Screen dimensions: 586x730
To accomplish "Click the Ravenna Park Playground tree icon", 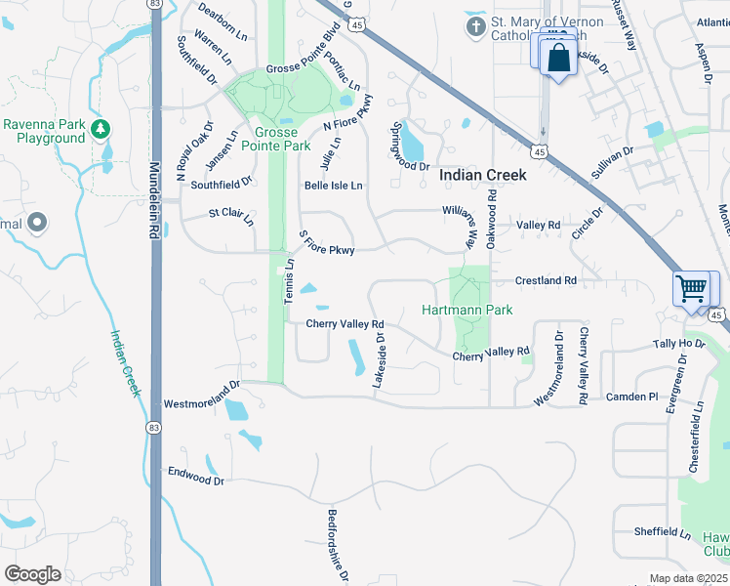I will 100,129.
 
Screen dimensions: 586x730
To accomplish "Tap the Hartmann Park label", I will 466,310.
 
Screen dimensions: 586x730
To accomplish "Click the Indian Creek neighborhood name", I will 482,175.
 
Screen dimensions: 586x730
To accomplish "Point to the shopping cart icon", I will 691,289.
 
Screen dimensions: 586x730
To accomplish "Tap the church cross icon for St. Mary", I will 475,26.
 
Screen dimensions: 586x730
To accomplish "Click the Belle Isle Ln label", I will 333,185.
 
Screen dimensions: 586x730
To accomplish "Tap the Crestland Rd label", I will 547,280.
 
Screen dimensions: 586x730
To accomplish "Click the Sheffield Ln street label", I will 662,531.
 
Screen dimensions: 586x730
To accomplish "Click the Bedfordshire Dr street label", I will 338,546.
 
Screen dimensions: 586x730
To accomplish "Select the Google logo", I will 32,573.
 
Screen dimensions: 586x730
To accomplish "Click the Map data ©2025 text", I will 688,578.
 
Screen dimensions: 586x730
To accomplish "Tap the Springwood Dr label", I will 410,146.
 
